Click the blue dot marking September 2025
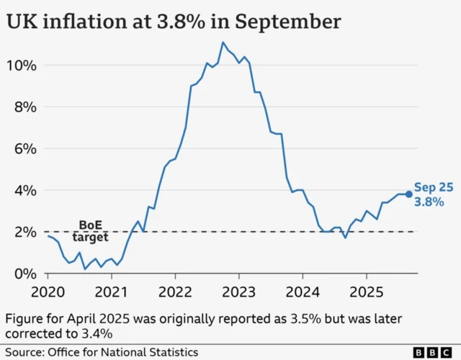click(408, 194)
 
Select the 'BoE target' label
click(91, 230)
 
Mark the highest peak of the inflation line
click(223, 42)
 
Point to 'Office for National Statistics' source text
click(122, 351)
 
